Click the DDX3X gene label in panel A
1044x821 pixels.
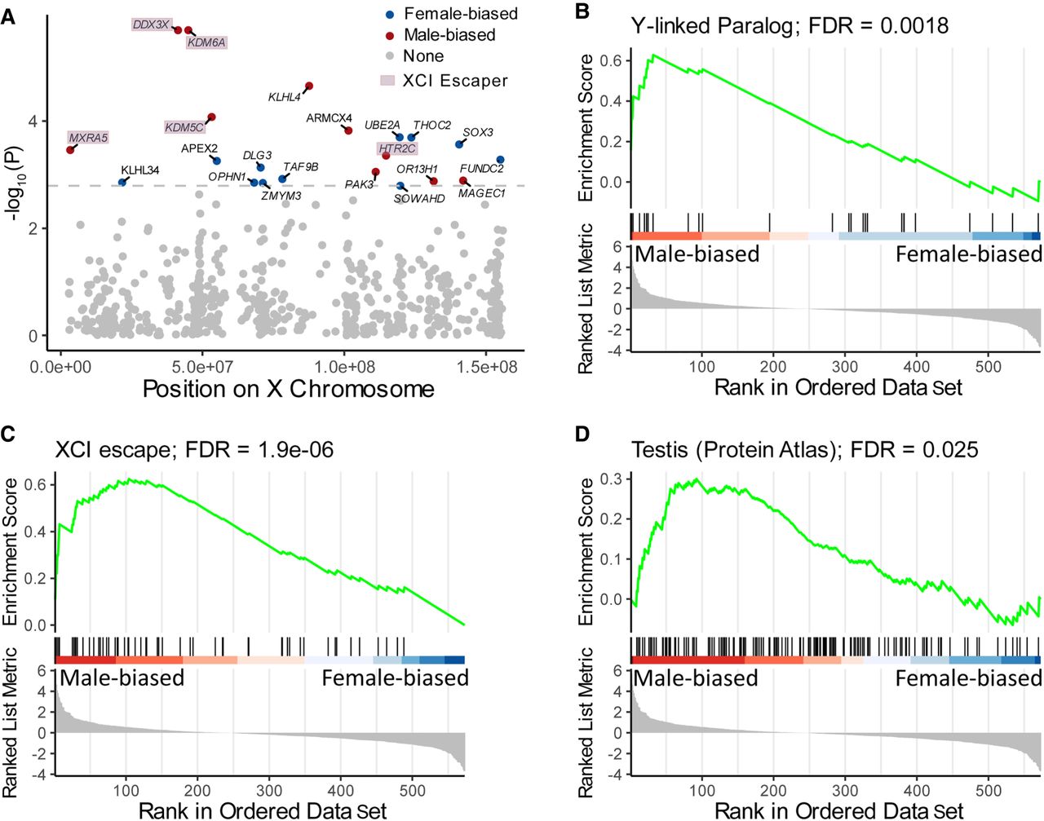tap(151, 24)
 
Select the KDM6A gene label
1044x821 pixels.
tap(206, 42)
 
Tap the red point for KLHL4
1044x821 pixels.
tap(308, 86)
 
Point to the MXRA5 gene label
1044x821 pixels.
tap(88, 138)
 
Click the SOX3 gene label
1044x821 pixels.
tap(478, 132)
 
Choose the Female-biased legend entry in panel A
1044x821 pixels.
tap(460, 14)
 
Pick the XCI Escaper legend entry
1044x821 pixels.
tap(454, 81)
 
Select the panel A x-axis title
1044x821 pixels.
tap(288, 389)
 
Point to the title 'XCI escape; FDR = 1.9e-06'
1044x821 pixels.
tap(194, 449)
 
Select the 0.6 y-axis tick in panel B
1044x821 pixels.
tap(610, 60)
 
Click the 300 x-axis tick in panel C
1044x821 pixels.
tap(269, 790)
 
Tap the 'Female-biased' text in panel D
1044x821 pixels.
tap(968, 678)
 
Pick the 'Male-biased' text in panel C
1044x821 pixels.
tap(122, 678)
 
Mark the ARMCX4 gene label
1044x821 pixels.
tap(329, 118)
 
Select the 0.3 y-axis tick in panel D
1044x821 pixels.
tap(610, 479)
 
